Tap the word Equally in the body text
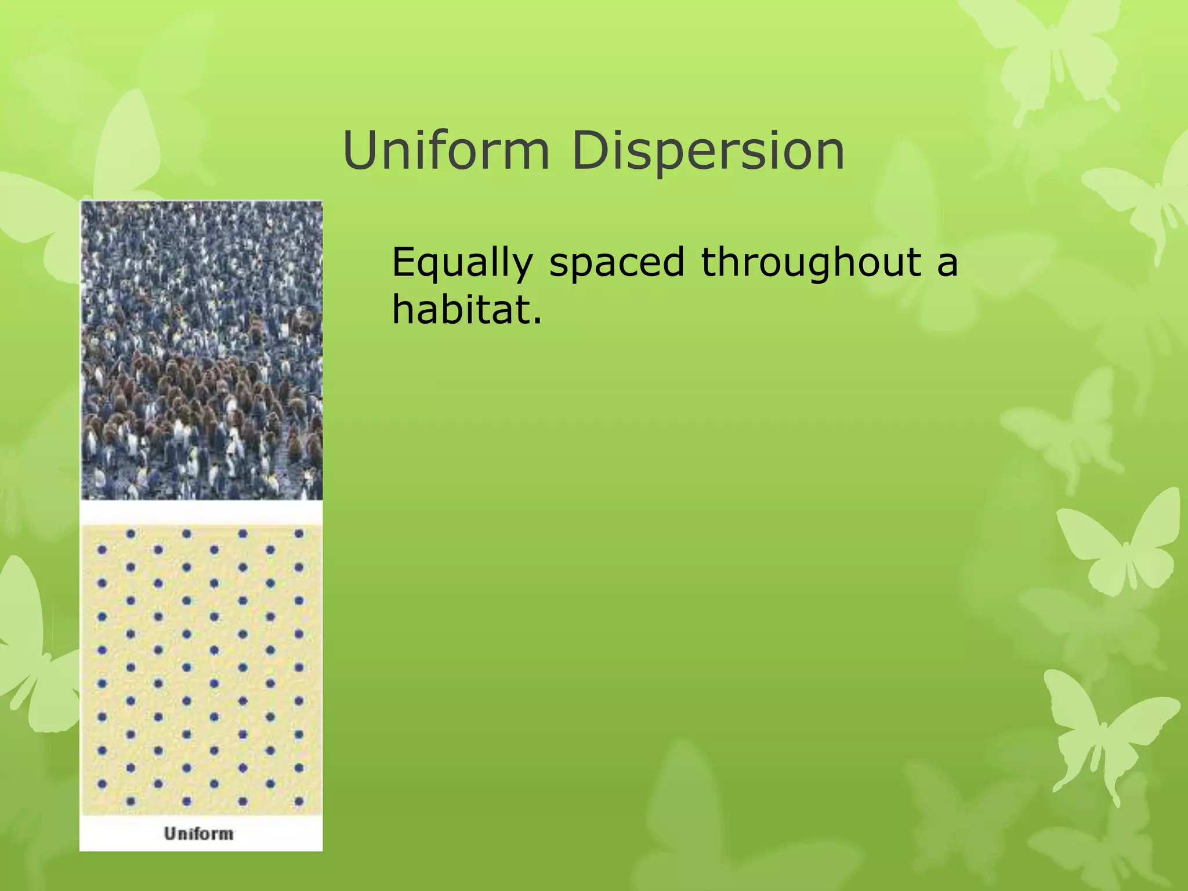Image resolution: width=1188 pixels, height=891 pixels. tap(462, 262)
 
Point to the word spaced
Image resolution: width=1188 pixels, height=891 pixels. tap(617, 262)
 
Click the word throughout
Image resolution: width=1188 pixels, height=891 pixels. tap(811, 262)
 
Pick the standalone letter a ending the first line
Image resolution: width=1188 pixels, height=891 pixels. tap(947, 263)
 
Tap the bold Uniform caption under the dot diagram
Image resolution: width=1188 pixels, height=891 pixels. tap(198, 834)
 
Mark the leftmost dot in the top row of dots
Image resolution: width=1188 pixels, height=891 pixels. tap(131, 534)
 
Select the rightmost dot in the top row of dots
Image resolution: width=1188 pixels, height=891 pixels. tap(299, 534)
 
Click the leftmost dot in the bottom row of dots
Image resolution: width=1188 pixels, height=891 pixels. tap(131, 801)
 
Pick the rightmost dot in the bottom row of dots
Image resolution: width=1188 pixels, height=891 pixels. tap(299, 801)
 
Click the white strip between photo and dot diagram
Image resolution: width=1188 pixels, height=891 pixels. tap(201, 512)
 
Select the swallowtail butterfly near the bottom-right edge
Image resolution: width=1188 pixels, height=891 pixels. tap(1102, 731)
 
